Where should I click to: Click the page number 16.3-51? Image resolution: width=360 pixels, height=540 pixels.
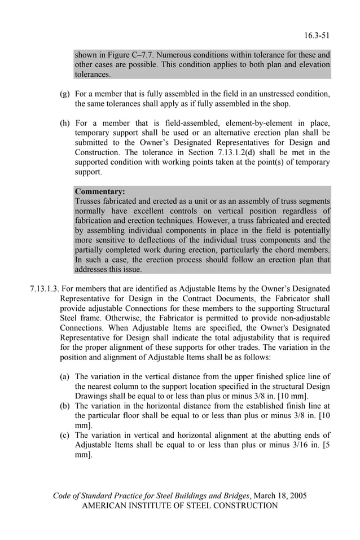coord(316,36)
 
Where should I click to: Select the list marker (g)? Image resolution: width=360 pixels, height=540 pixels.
coord(65,94)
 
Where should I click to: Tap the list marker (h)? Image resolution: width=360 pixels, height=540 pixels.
coord(65,122)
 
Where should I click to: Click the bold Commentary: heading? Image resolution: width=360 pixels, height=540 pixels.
coord(100,191)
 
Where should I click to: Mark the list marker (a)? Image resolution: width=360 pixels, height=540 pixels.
coord(65,376)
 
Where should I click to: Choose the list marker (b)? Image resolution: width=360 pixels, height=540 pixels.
coord(65,405)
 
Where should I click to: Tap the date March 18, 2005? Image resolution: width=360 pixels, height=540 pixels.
coord(280,495)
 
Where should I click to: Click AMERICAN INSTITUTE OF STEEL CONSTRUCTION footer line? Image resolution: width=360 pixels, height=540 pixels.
coord(180,506)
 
